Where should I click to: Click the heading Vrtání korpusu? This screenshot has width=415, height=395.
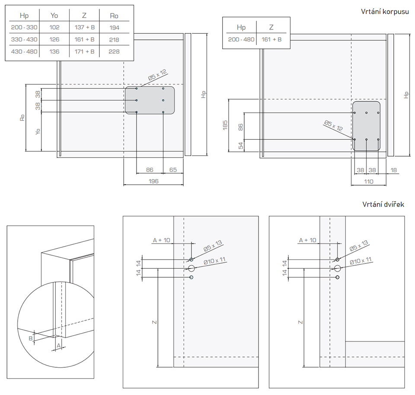(x=385, y=12)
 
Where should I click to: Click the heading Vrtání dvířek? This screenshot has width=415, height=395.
(x=383, y=204)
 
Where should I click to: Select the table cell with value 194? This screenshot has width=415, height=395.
(x=114, y=27)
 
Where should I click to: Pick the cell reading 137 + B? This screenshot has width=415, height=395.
(x=84, y=27)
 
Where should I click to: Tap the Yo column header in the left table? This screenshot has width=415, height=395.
(x=54, y=16)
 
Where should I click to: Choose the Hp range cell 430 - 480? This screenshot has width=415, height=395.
(x=24, y=51)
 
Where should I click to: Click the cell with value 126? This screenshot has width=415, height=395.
(x=54, y=39)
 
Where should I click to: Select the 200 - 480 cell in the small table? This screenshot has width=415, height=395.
(x=241, y=39)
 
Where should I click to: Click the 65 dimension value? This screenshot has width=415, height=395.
(x=173, y=170)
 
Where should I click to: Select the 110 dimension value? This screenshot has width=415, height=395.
(x=368, y=182)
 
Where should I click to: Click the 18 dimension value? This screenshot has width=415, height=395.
(x=394, y=170)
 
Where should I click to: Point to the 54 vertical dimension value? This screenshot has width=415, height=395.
(x=241, y=145)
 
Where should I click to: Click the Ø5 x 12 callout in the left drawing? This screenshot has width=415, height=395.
(x=157, y=74)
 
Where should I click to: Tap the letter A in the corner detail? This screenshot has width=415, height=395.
(x=58, y=345)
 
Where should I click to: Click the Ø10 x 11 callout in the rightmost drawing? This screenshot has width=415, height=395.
(x=361, y=261)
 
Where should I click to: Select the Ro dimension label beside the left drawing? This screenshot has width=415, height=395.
(x=22, y=117)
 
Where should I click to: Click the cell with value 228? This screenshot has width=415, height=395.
(x=114, y=51)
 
